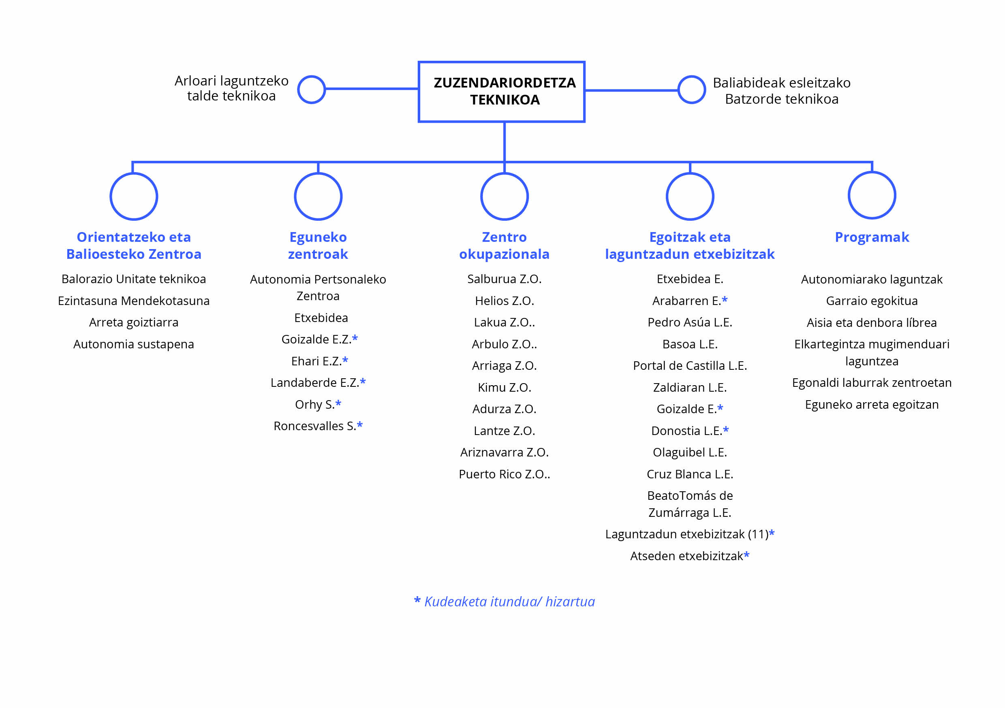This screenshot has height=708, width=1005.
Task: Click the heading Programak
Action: [x=872, y=237]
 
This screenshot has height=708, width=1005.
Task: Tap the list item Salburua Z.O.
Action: [x=504, y=279]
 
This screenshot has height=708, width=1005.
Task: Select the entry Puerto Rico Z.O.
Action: [x=504, y=474]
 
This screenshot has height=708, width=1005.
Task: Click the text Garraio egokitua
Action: [x=872, y=301]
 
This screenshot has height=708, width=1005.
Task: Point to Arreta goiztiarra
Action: [x=133, y=322]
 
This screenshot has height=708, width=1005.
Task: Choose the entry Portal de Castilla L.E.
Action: [x=690, y=365]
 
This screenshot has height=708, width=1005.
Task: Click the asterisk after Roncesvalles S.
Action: [x=360, y=424]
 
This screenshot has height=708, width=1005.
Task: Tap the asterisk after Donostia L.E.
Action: [x=726, y=429]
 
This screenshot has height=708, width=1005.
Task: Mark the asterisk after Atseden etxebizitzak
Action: [x=746, y=554]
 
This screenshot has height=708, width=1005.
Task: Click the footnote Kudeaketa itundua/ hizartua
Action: [x=509, y=601]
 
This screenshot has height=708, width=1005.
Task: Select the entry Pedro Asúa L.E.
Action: [x=690, y=322]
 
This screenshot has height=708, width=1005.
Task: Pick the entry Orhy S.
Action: [x=315, y=405]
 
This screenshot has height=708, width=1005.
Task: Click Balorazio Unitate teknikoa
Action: [x=133, y=279]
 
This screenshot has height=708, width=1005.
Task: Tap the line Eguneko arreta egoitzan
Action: [x=872, y=405]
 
